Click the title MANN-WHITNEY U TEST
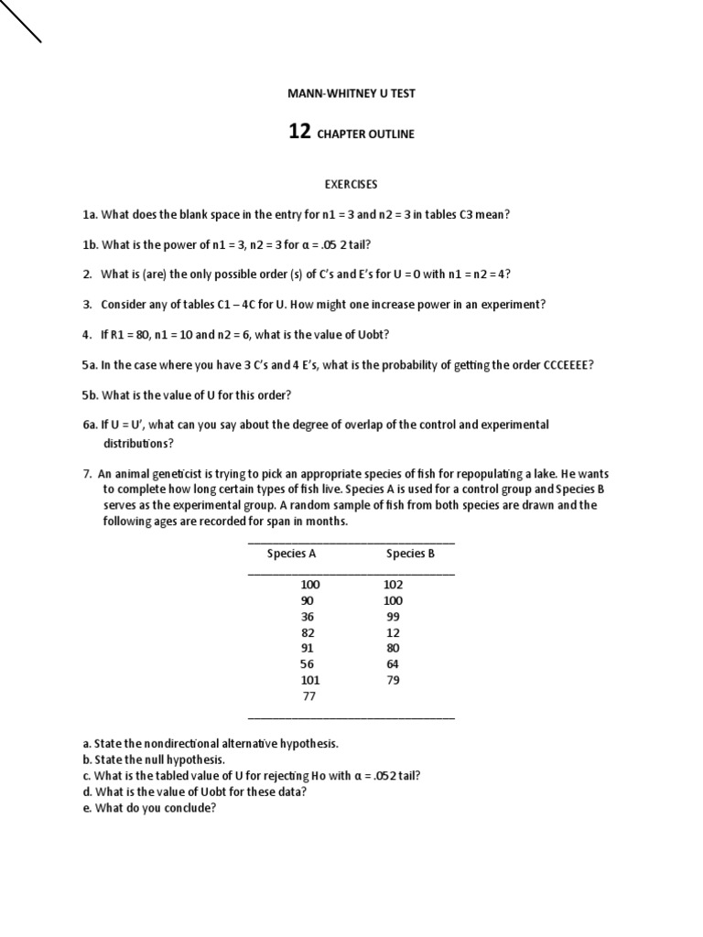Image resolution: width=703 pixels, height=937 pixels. (351, 93)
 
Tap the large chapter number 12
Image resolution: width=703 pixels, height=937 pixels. (299, 132)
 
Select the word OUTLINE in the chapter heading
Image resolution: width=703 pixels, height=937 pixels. (392, 134)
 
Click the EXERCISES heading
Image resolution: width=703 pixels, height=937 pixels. (351, 184)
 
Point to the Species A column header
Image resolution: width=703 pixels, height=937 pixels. (291, 553)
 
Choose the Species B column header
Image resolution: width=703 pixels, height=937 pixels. (410, 553)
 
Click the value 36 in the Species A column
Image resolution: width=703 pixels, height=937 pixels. (307, 617)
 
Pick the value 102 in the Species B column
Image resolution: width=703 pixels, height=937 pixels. (394, 585)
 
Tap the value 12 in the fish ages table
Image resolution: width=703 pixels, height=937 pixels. (393, 632)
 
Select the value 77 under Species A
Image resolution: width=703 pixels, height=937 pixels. (308, 696)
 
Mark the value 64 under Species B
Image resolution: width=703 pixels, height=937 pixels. (393, 664)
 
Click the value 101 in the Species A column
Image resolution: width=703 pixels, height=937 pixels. (310, 680)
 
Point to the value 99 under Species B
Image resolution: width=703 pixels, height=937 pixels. (393, 617)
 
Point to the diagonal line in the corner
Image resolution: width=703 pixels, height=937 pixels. (20, 21)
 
